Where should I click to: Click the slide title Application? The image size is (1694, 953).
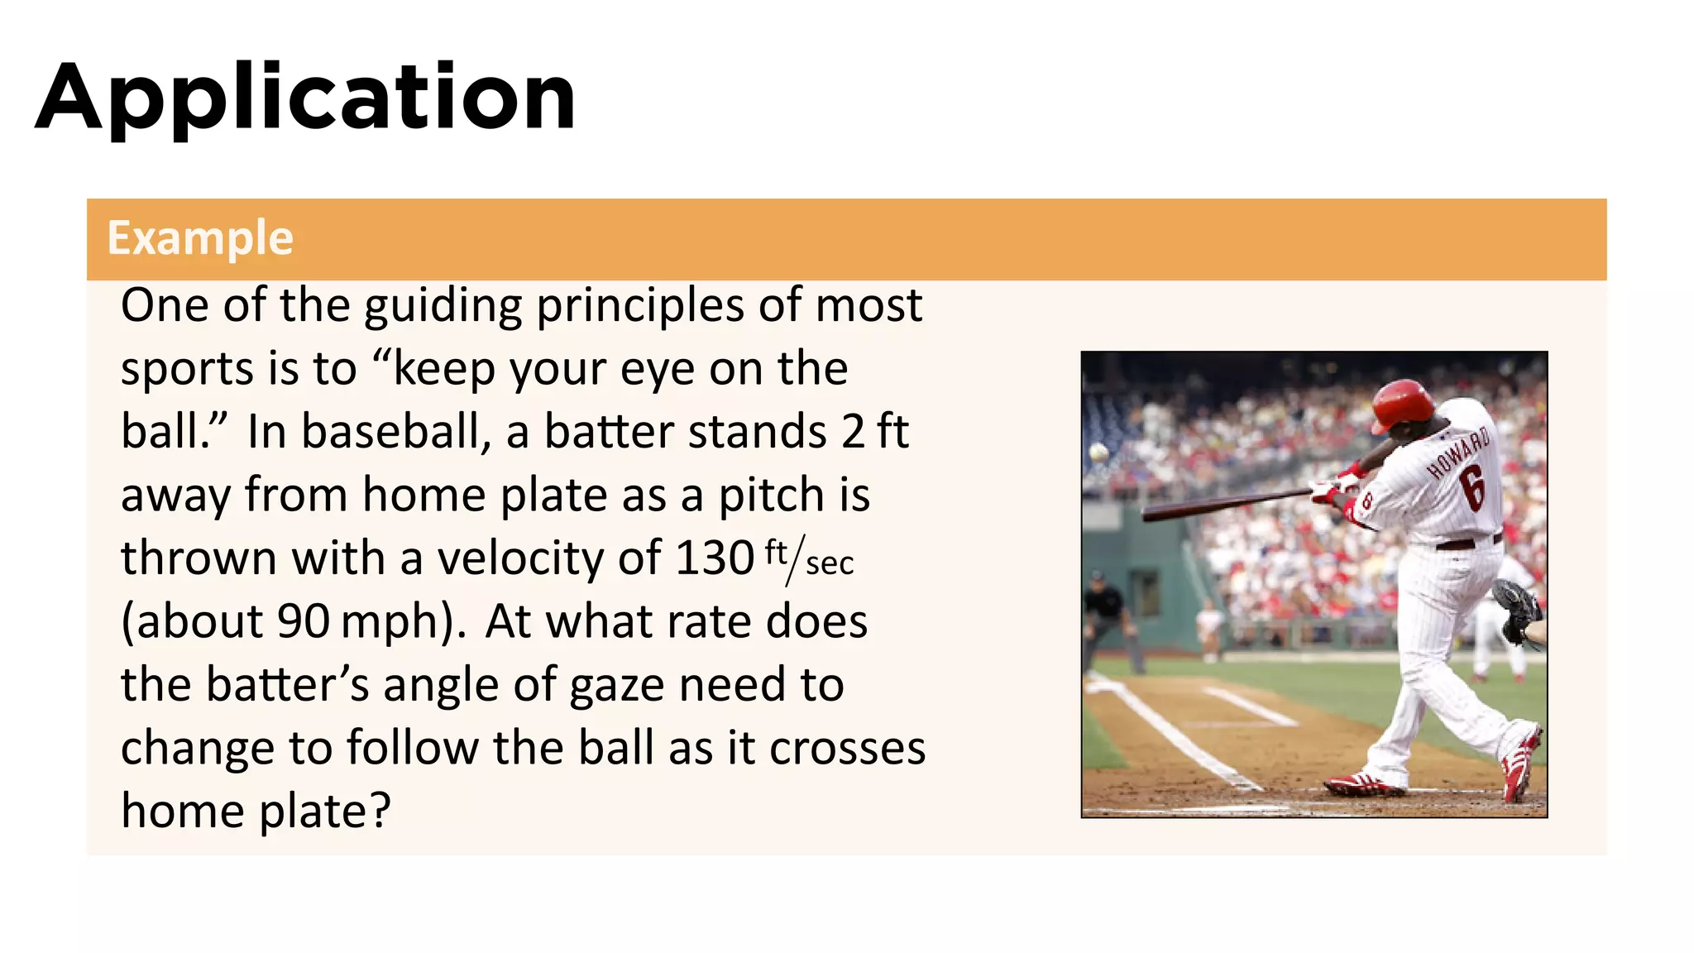pos(305,98)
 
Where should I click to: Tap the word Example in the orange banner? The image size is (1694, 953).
pos(200,238)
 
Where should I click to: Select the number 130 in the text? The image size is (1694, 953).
pos(714,558)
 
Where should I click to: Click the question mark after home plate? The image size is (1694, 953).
pos(380,811)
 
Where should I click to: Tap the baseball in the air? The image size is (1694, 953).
pos(1099,453)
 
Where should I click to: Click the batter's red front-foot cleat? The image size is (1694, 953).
pos(1365,783)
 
